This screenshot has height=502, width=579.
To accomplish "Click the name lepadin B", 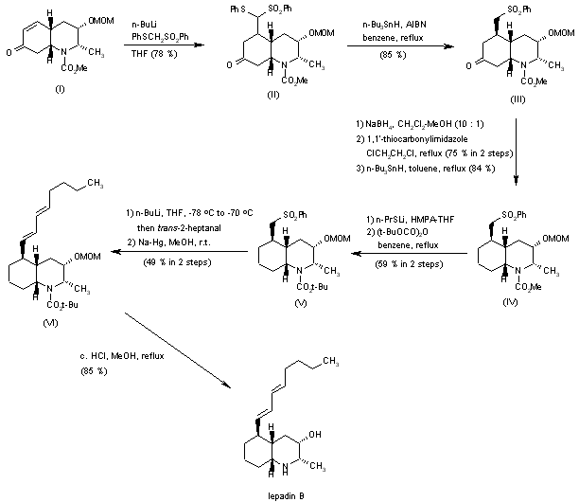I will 285,494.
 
